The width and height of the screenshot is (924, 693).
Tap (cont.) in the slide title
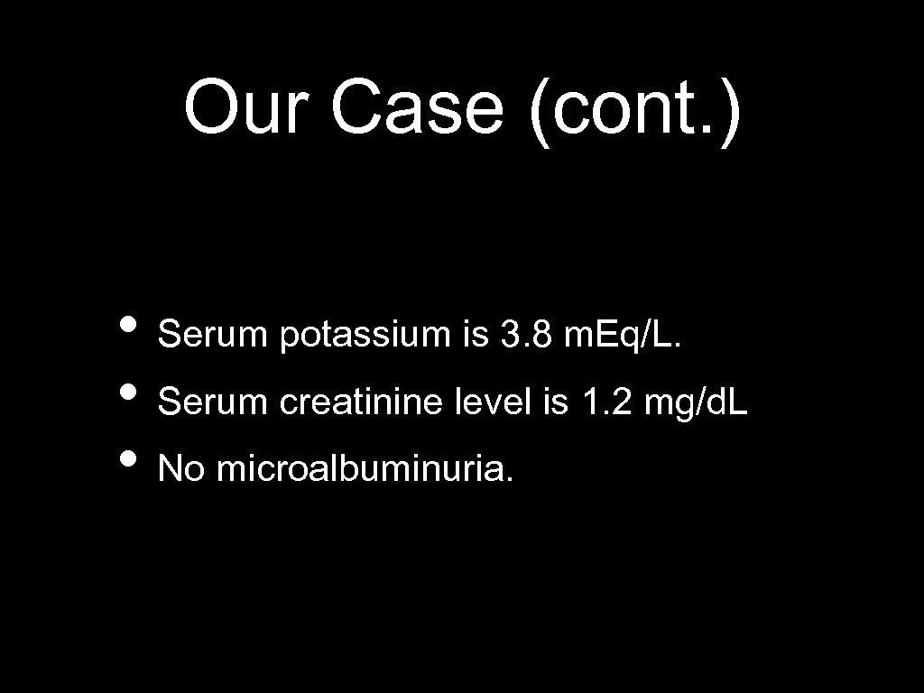[636, 109]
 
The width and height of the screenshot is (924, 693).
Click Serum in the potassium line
[213, 336]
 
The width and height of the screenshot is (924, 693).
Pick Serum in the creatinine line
[213, 402]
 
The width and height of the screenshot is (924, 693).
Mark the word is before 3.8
[474, 336]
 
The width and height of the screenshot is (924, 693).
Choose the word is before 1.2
[555, 402]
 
